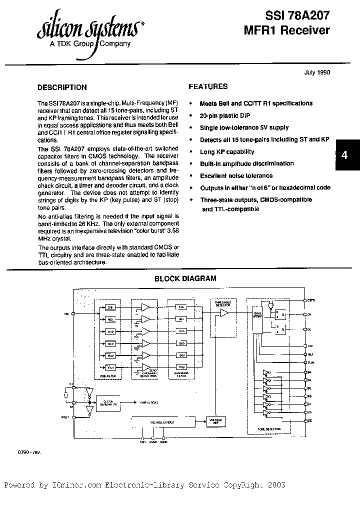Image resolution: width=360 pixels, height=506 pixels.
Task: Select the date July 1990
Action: click(x=317, y=72)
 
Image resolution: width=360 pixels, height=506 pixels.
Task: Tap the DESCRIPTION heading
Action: click(x=62, y=87)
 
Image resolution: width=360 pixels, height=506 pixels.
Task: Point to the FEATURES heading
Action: click(x=208, y=86)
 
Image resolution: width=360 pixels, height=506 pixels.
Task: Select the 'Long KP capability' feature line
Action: click(x=227, y=151)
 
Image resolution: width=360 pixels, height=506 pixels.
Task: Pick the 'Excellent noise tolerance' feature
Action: click(x=236, y=175)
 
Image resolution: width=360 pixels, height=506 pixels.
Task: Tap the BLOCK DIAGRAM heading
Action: click(x=185, y=278)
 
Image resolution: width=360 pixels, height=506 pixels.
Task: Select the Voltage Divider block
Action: click(x=162, y=422)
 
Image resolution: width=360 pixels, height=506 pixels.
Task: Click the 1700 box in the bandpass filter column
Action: click(x=181, y=366)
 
